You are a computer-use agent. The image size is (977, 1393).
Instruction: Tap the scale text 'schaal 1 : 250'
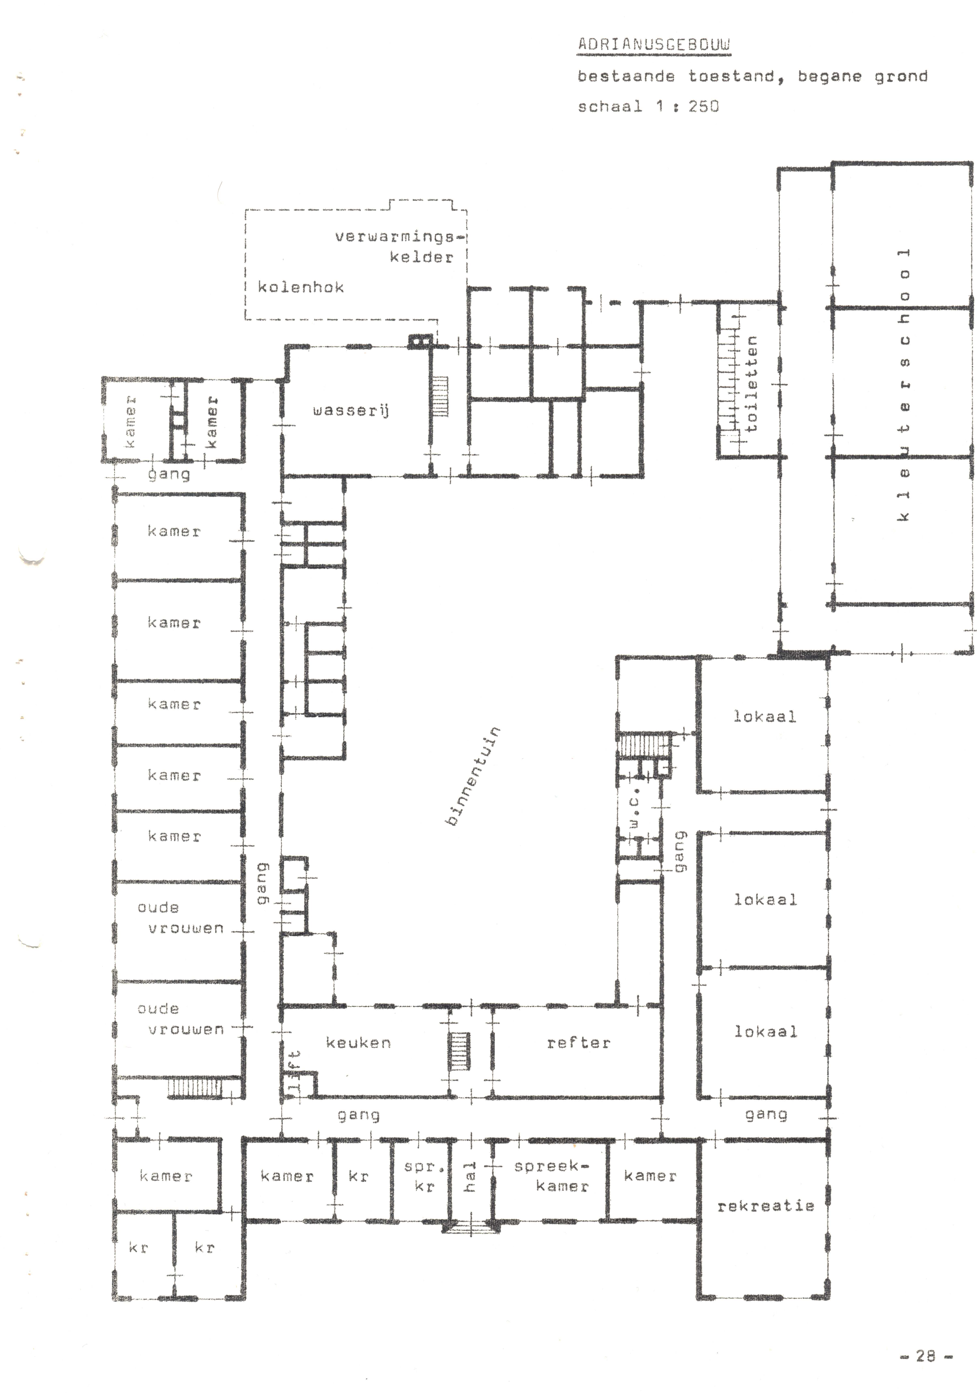click(x=648, y=106)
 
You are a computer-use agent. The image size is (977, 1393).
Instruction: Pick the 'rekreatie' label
click(x=765, y=1205)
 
